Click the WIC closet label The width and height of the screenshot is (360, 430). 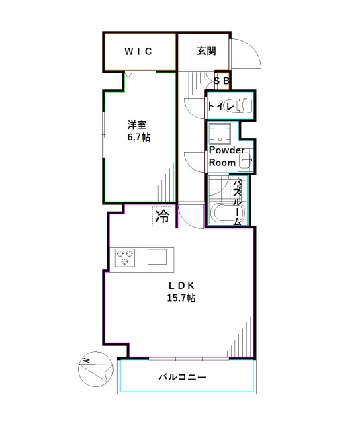coord(139,52)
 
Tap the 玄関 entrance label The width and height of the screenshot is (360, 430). coord(206,52)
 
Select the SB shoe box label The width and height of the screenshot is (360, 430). coord(222,81)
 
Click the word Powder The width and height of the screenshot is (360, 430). coord(226,150)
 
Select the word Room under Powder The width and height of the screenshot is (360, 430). coord(222,163)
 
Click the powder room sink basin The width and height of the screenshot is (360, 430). coord(245,161)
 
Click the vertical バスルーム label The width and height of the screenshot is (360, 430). coord(238,202)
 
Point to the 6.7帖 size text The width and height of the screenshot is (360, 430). coord(138,138)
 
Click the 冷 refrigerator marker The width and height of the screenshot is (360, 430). coord(162,216)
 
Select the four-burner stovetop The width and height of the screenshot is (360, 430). coord(126,257)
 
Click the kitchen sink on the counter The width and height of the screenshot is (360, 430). coord(158,257)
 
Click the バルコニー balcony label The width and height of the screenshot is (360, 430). coord(182,377)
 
